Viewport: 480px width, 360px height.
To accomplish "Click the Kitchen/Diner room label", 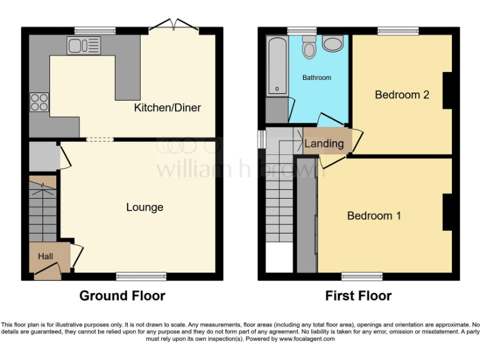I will [167, 108].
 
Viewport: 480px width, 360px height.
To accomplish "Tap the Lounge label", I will [144, 207].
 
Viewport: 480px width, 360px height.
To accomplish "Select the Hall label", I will [45, 256].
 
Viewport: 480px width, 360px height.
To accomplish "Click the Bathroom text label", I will [317, 78].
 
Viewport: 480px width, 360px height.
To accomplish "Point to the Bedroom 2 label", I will [402, 95].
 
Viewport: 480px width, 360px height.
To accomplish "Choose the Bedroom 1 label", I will [374, 216].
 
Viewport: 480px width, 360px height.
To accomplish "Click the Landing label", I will [324, 144].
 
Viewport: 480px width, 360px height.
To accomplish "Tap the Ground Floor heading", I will [122, 296].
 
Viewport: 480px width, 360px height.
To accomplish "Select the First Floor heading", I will [358, 296].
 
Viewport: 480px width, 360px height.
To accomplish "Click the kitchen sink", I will [83, 45].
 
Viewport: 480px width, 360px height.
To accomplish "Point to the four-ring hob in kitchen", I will [39, 102].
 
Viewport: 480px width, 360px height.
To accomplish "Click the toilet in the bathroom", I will [309, 47].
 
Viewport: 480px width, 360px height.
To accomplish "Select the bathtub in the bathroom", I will [276, 66].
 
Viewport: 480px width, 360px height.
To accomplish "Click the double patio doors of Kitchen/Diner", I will [174, 26].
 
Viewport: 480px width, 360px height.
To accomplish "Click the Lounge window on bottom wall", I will [141, 276].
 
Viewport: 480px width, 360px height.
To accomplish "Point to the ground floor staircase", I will [43, 209].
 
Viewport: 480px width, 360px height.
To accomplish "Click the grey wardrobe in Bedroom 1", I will [306, 216].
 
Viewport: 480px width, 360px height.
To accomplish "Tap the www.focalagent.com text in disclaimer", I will [307, 339].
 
